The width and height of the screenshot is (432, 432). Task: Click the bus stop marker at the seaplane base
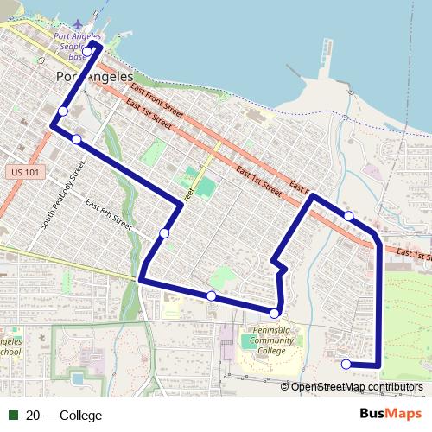coord(86,52)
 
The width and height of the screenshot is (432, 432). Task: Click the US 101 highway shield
coord(26,173)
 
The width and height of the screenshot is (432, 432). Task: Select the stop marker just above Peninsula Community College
coord(275,313)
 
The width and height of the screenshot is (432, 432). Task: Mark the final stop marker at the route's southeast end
coord(346,364)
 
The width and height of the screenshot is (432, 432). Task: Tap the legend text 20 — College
coord(64,416)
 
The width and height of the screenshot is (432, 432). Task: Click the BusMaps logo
coord(391,415)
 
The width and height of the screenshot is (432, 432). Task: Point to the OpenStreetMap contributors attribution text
coord(357,387)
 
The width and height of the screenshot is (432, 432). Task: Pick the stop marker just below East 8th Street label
coord(164,232)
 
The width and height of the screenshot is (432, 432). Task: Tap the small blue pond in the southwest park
coord(79,378)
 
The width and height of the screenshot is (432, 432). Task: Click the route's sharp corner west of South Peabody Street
coord(52,126)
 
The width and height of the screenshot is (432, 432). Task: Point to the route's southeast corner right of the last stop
coord(378,365)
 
